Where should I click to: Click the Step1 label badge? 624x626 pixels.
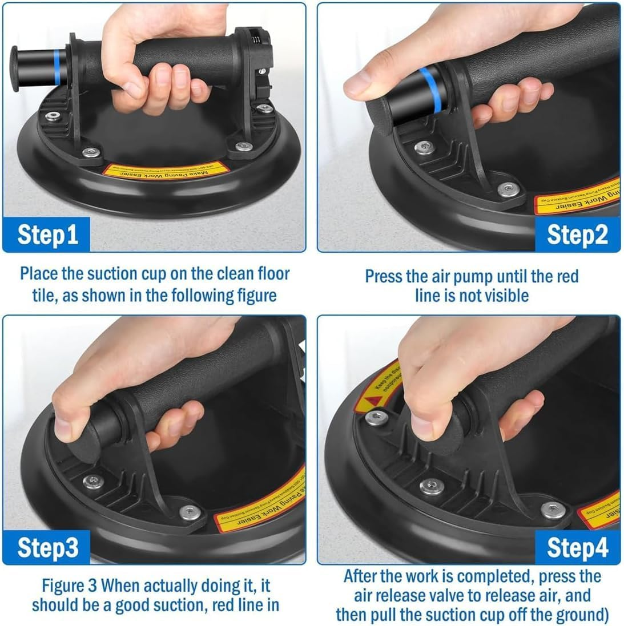tap(47, 235)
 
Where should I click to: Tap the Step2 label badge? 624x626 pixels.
tap(577, 235)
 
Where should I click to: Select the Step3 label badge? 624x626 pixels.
tap(47, 547)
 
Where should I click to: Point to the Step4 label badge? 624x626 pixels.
tap(577, 547)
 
